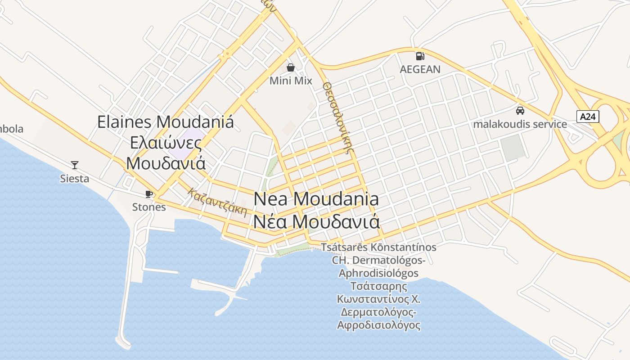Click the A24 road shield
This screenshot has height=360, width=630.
[x=588, y=117]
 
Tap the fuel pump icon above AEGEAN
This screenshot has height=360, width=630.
[x=420, y=56]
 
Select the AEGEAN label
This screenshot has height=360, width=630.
[x=420, y=69]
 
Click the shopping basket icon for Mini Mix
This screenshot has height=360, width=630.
[x=291, y=68]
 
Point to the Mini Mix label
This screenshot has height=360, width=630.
[x=291, y=81]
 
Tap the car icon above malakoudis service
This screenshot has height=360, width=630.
[x=520, y=111]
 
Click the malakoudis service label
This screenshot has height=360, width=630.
[x=520, y=124]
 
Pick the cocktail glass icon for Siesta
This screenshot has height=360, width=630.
[x=75, y=165]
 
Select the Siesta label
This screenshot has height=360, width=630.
[x=75, y=179]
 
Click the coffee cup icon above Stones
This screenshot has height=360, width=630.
[x=149, y=194]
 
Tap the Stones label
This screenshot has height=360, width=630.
[x=149, y=207]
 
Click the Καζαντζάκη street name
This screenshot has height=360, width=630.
[x=218, y=202]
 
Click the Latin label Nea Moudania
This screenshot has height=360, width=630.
[x=316, y=199]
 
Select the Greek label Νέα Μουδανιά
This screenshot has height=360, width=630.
[x=316, y=221]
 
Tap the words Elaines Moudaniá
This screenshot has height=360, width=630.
[x=166, y=122]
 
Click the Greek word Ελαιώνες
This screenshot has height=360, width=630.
[x=166, y=142]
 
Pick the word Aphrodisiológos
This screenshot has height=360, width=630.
[x=378, y=273]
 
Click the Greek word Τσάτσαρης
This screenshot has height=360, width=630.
[x=378, y=286]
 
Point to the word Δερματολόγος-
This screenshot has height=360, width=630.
[x=378, y=312]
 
